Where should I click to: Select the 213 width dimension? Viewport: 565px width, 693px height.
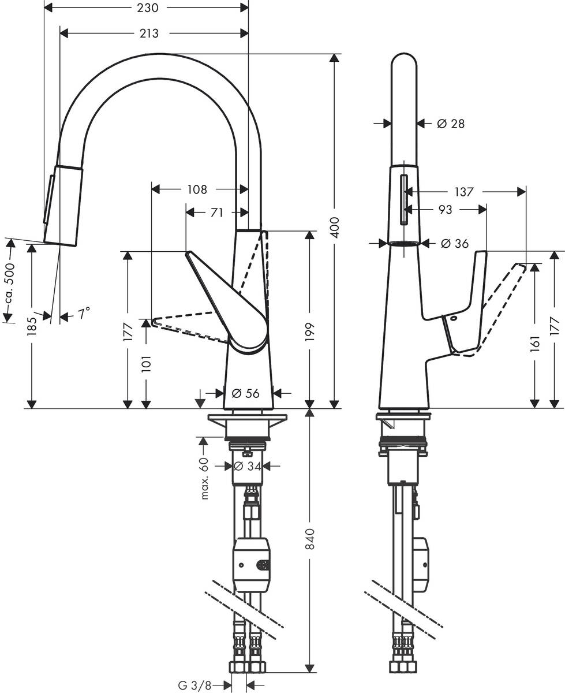[149, 33]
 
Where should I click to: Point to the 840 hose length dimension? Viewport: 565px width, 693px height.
[311, 540]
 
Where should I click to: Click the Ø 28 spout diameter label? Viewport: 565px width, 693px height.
[450, 123]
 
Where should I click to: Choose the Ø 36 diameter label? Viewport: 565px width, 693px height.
[454, 244]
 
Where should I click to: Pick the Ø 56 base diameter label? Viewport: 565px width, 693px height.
[245, 393]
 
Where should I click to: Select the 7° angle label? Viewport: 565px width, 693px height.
[84, 314]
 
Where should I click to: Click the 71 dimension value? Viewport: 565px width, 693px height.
[216, 213]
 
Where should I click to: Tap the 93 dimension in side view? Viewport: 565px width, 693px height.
[445, 210]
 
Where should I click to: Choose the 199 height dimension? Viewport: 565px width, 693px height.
[311, 333]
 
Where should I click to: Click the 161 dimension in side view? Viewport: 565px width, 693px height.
[534, 344]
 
